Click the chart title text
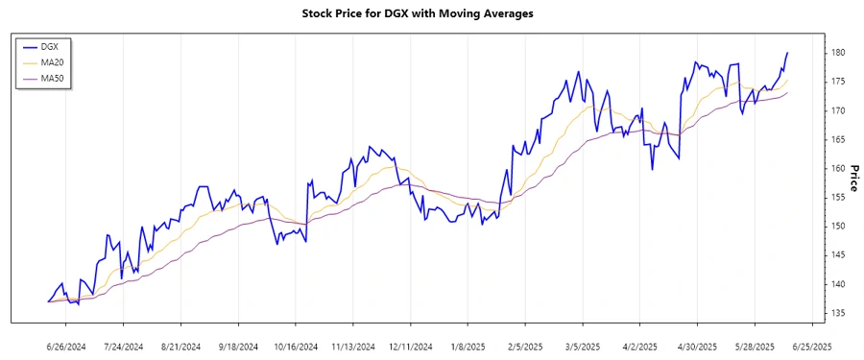[431, 13]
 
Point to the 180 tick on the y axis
[837, 53]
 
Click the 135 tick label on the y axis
[837, 313]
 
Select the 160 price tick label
[837, 169]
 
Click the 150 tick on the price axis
[837, 227]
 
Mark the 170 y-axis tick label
[837, 111]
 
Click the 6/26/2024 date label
[67, 346]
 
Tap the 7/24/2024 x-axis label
[123, 346]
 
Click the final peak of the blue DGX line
[788, 53]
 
